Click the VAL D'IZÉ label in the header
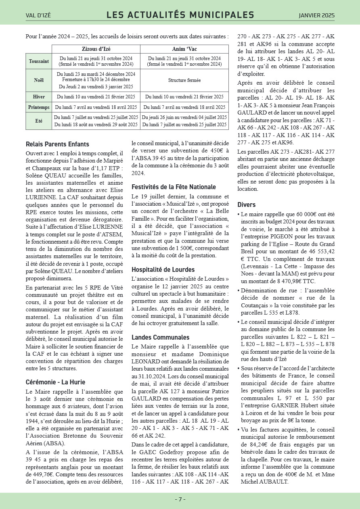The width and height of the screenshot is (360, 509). [x=38, y=16]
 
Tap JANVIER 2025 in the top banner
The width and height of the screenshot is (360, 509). [x=316, y=16]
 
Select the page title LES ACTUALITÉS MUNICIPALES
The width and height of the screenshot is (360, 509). [x=180, y=15]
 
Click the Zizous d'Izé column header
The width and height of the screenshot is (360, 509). [x=96, y=49]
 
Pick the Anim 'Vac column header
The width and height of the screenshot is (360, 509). [x=184, y=49]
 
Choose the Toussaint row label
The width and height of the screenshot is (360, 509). [x=39, y=61]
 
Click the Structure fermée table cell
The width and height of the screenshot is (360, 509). [x=184, y=80]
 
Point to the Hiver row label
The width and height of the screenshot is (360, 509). [x=39, y=97]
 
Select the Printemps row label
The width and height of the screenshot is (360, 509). [x=39, y=107]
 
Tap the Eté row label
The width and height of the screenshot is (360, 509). [x=39, y=121]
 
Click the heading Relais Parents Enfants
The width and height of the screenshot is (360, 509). [x=57, y=144]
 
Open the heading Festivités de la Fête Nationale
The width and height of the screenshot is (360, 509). [x=174, y=187]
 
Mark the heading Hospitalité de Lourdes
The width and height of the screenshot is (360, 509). [x=163, y=269]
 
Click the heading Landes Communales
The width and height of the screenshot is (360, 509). [x=160, y=337]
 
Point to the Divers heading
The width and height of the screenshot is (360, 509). [x=247, y=204]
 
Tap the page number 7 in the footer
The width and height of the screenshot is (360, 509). [x=180, y=499]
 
